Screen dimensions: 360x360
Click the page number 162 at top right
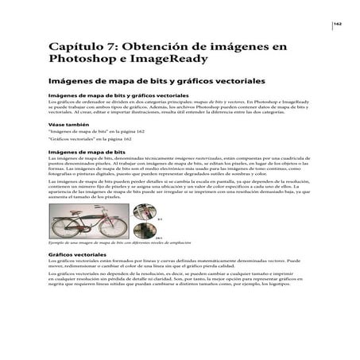click(337, 25)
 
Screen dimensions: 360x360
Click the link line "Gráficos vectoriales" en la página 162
click(89, 140)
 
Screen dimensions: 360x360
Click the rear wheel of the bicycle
click(62, 226)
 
